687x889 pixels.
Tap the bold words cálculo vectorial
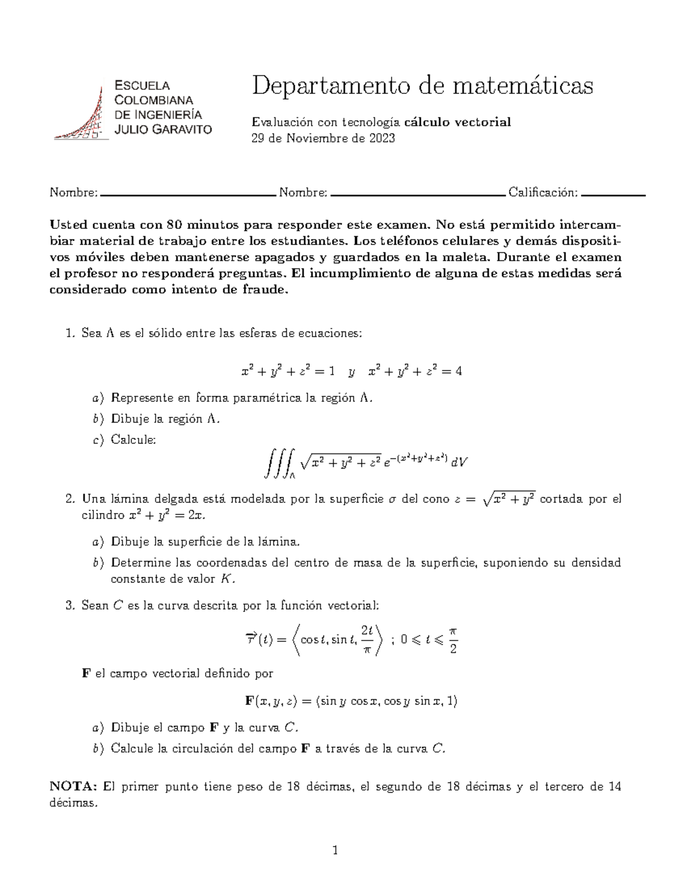[457, 122]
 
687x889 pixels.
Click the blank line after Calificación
[613, 195]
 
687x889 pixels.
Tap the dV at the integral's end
[459, 461]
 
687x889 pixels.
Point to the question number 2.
[69, 499]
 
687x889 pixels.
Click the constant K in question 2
[227, 579]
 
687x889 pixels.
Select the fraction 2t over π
[367, 641]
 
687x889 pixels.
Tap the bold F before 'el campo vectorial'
[86, 674]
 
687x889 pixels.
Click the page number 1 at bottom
[336, 851]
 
